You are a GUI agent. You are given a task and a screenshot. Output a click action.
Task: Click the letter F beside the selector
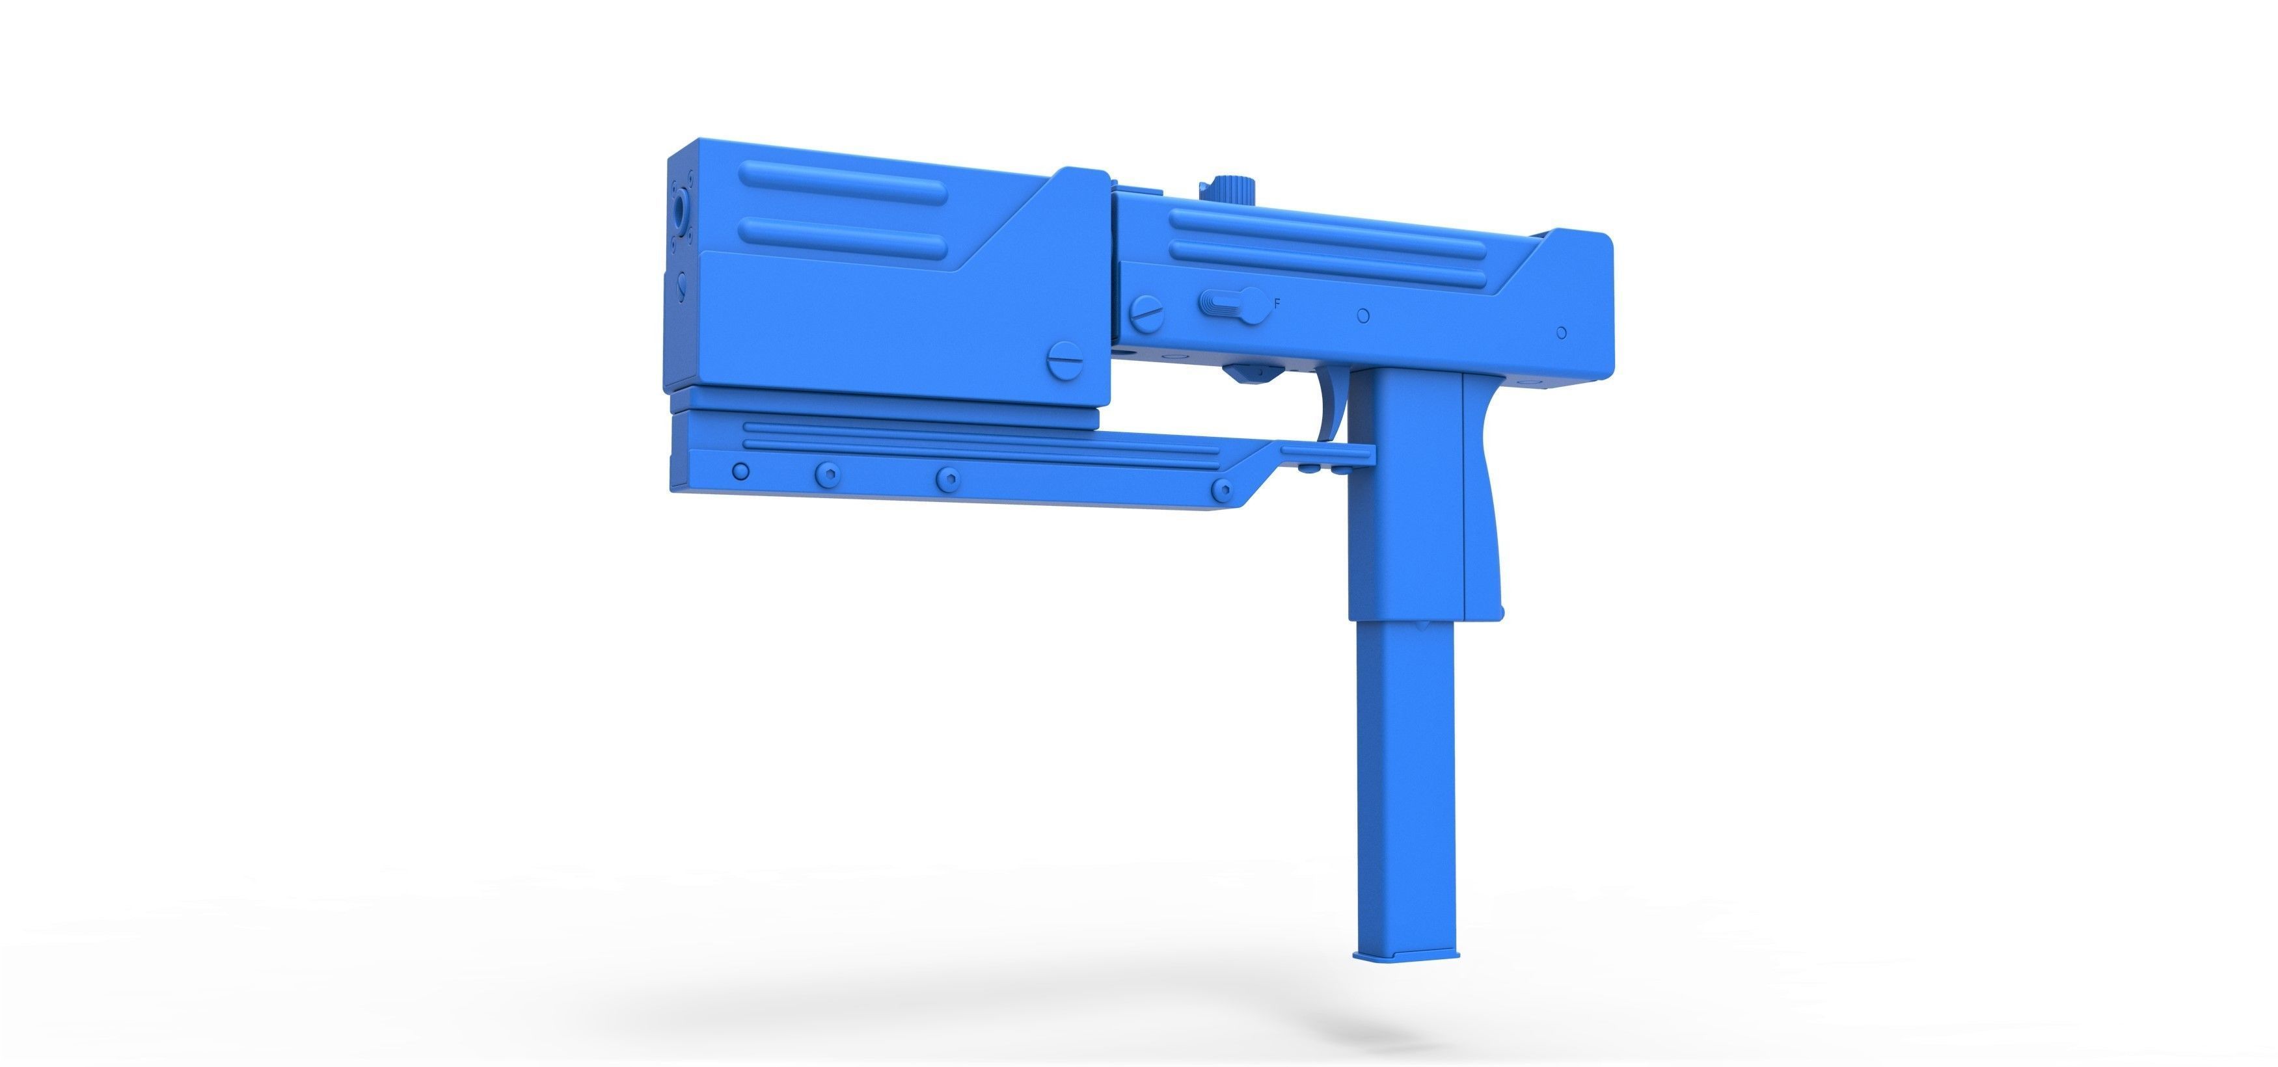[x=1277, y=303]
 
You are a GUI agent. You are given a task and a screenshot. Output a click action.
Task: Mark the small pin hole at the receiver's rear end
[x=1562, y=332]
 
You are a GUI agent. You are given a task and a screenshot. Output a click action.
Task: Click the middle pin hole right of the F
[x=1363, y=315]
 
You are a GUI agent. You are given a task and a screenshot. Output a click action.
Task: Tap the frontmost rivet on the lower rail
[x=741, y=471]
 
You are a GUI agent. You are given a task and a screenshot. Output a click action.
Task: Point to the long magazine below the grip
[x=1404, y=778]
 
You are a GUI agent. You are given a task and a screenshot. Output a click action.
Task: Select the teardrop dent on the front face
[x=680, y=285]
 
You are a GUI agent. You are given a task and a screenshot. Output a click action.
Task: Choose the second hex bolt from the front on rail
[x=828, y=474]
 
